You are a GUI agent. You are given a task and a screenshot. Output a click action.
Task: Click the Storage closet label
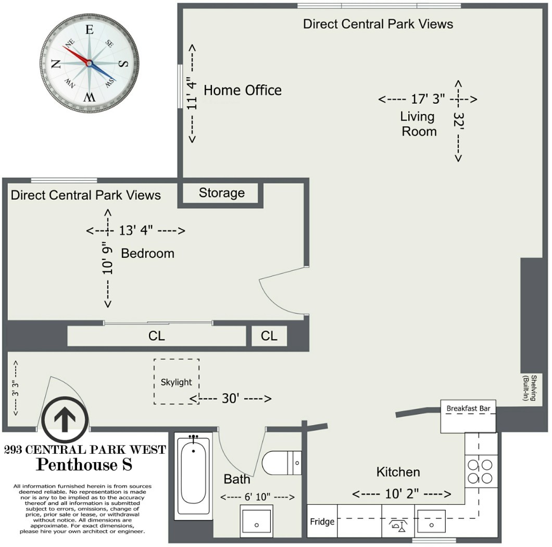point(221,193)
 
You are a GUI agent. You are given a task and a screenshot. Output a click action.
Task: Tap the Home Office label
point(242,90)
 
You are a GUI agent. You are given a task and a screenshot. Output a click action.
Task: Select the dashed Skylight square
point(176,381)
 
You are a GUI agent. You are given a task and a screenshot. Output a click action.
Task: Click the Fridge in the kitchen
point(322,521)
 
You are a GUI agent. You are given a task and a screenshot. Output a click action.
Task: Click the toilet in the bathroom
point(281,462)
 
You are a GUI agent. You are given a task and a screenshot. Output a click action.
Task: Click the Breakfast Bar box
point(468,416)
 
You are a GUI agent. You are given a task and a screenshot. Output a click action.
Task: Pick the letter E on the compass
point(89,30)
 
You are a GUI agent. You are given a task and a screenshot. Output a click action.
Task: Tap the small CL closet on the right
point(269,336)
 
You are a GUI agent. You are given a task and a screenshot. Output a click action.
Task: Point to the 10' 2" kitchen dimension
point(402,494)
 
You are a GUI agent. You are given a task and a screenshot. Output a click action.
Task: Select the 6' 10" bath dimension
point(257,497)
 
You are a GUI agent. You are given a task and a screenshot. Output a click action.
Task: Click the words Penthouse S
point(84,463)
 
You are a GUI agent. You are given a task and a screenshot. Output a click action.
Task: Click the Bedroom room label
point(147,254)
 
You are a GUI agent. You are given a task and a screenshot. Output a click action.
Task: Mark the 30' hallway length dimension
point(230,399)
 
